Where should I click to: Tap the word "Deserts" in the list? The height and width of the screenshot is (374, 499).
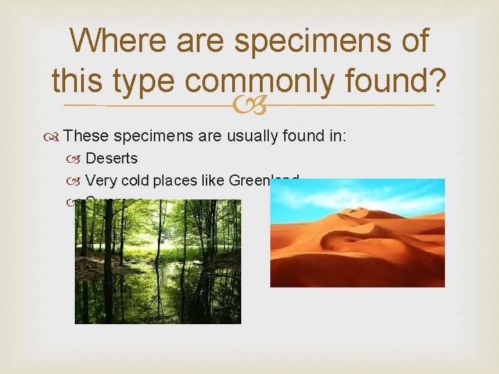112,159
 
